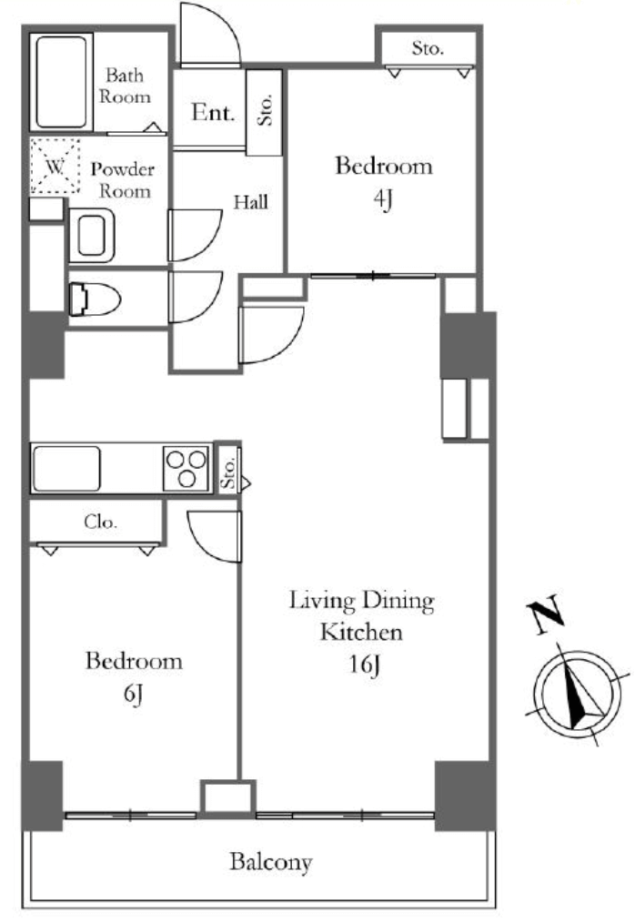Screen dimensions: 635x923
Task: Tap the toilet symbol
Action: coord(95,299)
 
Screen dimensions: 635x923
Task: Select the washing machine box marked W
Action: coord(55,166)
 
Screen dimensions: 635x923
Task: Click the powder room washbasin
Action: coord(92,236)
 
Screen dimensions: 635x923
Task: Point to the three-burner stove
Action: coord(186,469)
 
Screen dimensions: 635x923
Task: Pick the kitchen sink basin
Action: coord(66,469)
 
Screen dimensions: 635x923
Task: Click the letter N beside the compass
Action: coord(546,615)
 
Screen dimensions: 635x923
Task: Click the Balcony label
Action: coord(271,862)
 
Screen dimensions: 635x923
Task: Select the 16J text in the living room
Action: coord(364,664)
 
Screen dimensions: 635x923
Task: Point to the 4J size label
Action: coord(382,198)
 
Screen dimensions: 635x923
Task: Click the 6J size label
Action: coord(134,694)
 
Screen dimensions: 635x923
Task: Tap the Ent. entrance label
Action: coord(213,112)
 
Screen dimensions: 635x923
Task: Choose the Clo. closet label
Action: coord(101,522)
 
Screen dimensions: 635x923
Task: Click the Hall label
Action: coord(251,202)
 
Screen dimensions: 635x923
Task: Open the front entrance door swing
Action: coord(210,33)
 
